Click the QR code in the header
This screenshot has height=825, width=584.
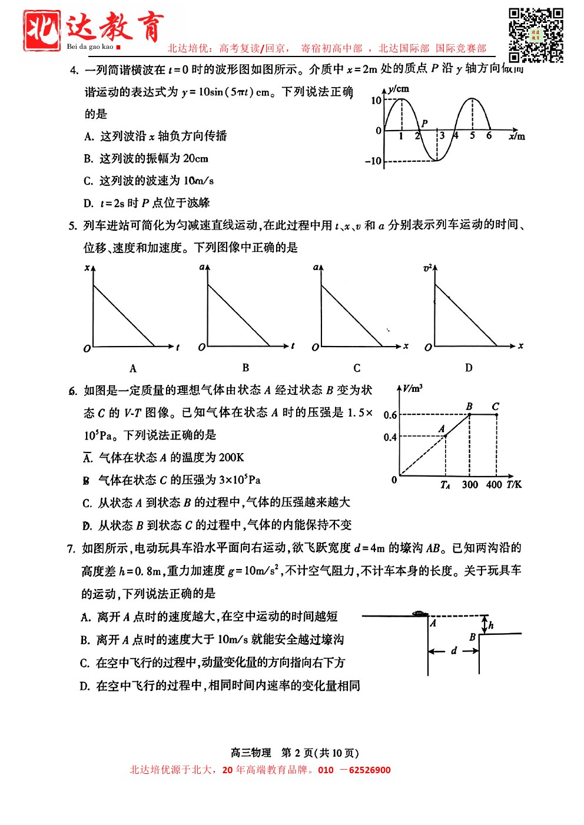(x=536, y=35)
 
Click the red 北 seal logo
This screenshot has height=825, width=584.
(x=42, y=30)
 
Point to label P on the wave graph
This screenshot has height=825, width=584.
(x=424, y=123)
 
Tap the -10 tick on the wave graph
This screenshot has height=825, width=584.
(x=373, y=161)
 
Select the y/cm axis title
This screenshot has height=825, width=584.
(x=398, y=89)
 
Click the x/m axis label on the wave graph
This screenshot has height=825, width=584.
(x=516, y=137)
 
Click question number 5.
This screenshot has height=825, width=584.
(x=72, y=226)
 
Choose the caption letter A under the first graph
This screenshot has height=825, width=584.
(x=133, y=368)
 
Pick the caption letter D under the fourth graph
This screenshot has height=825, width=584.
(x=469, y=368)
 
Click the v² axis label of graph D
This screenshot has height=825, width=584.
(x=427, y=268)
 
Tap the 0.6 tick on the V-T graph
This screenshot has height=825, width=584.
(x=390, y=415)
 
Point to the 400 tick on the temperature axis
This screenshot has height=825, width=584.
(x=494, y=484)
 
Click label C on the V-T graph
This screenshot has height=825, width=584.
(x=495, y=406)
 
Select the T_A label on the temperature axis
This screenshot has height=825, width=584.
(x=445, y=485)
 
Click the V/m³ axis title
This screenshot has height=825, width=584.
(x=413, y=388)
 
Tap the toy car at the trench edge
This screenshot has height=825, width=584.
(x=419, y=613)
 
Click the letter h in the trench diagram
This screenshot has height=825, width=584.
(x=490, y=625)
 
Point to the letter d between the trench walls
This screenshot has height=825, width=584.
(x=453, y=650)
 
